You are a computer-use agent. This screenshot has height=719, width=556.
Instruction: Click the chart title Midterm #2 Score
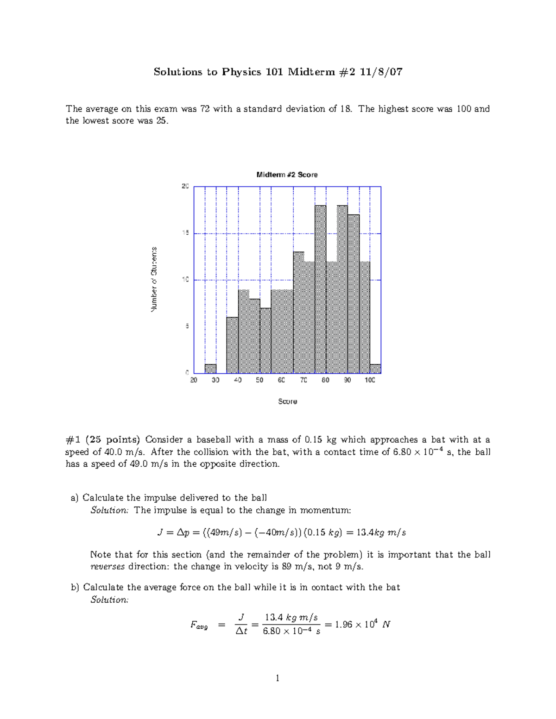tap(287, 175)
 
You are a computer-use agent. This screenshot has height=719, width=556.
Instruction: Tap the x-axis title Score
tap(287, 401)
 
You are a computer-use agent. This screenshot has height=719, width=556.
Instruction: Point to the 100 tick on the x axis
tap(369, 380)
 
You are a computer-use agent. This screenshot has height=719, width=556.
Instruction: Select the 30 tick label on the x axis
tap(215, 380)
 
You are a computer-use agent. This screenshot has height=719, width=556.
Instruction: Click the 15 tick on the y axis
tap(185, 233)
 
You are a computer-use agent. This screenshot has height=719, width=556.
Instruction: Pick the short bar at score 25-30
tap(210, 369)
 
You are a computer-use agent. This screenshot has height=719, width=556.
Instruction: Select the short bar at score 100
tap(375, 369)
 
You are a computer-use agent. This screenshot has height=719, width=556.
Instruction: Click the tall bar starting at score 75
tap(320, 289)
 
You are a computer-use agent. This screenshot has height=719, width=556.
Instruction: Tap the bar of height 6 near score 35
tap(232, 345)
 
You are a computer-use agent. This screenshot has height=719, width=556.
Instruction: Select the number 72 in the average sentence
tap(205, 109)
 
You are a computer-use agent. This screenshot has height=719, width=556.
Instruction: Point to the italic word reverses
tap(107, 566)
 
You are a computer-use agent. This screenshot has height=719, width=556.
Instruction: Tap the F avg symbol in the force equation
tap(199, 625)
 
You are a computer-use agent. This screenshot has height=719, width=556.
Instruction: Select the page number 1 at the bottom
tap(278, 678)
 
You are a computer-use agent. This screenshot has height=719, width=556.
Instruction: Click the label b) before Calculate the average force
tap(75, 588)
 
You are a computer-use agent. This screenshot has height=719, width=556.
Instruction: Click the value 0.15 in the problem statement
tap(314, 439)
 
